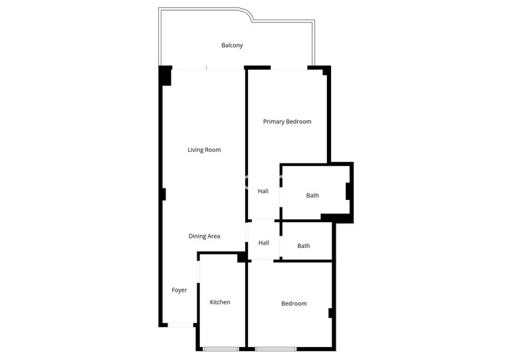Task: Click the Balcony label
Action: [x=232, y=45]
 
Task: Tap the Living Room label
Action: [x=204, y=150]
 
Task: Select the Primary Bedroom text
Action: [x=287, y=122]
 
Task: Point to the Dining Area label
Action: [x=204, y=236]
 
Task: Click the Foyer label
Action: [x=179, y=290]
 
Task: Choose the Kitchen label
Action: [x=220, y=302]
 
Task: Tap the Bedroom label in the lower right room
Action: [x=294, y=303]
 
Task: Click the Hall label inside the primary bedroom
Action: [x=263, y=191]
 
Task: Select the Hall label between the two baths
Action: [x=263, y=242]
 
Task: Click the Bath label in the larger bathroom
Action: [x=313, y=195]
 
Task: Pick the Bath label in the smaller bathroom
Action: [x=304, y=246]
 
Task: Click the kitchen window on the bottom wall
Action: [x=221, y=349]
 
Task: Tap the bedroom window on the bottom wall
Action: [x=276, y=349]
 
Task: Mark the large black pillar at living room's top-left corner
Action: [x=165, y=76]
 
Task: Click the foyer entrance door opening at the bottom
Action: [x=180, y=325]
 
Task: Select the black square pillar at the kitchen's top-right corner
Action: [x=242, y=257]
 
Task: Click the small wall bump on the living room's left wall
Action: [x=164, y=195]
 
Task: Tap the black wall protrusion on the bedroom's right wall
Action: [x=330, y=313]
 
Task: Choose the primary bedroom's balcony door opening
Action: [x=289, y=68]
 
